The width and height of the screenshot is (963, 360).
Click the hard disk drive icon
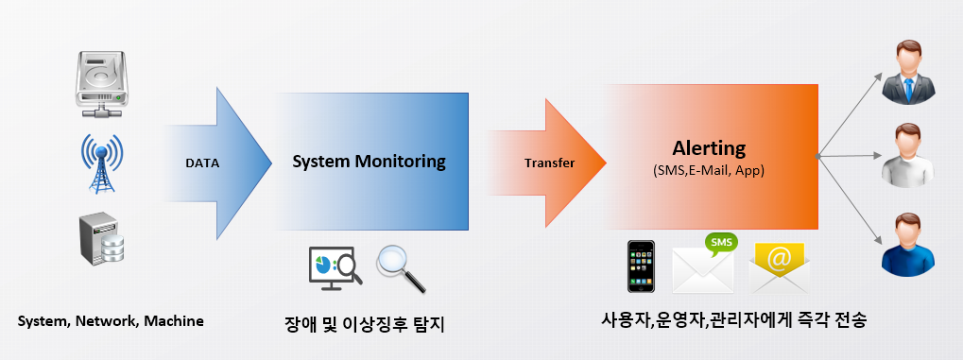point(100,84)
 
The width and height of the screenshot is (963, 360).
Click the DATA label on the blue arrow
point(201,163)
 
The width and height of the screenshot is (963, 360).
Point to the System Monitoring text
point(369,162)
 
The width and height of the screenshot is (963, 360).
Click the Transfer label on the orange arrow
point(549,163)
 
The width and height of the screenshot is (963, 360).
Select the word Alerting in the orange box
point(709,148)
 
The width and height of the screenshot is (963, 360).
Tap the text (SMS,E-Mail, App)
point(709,171)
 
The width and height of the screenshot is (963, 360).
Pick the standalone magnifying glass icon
point(399,266)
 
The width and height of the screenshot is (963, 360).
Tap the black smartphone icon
point(642,266)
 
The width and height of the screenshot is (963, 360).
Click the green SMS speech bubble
point(721,243)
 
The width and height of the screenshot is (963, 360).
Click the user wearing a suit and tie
point(907,72)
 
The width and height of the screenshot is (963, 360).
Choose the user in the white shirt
point(907,156)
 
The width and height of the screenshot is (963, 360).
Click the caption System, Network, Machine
point(112,321)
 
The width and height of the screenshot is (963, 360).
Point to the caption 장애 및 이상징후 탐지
point(364,324)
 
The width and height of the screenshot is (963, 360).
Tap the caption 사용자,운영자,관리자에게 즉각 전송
point(733,319)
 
